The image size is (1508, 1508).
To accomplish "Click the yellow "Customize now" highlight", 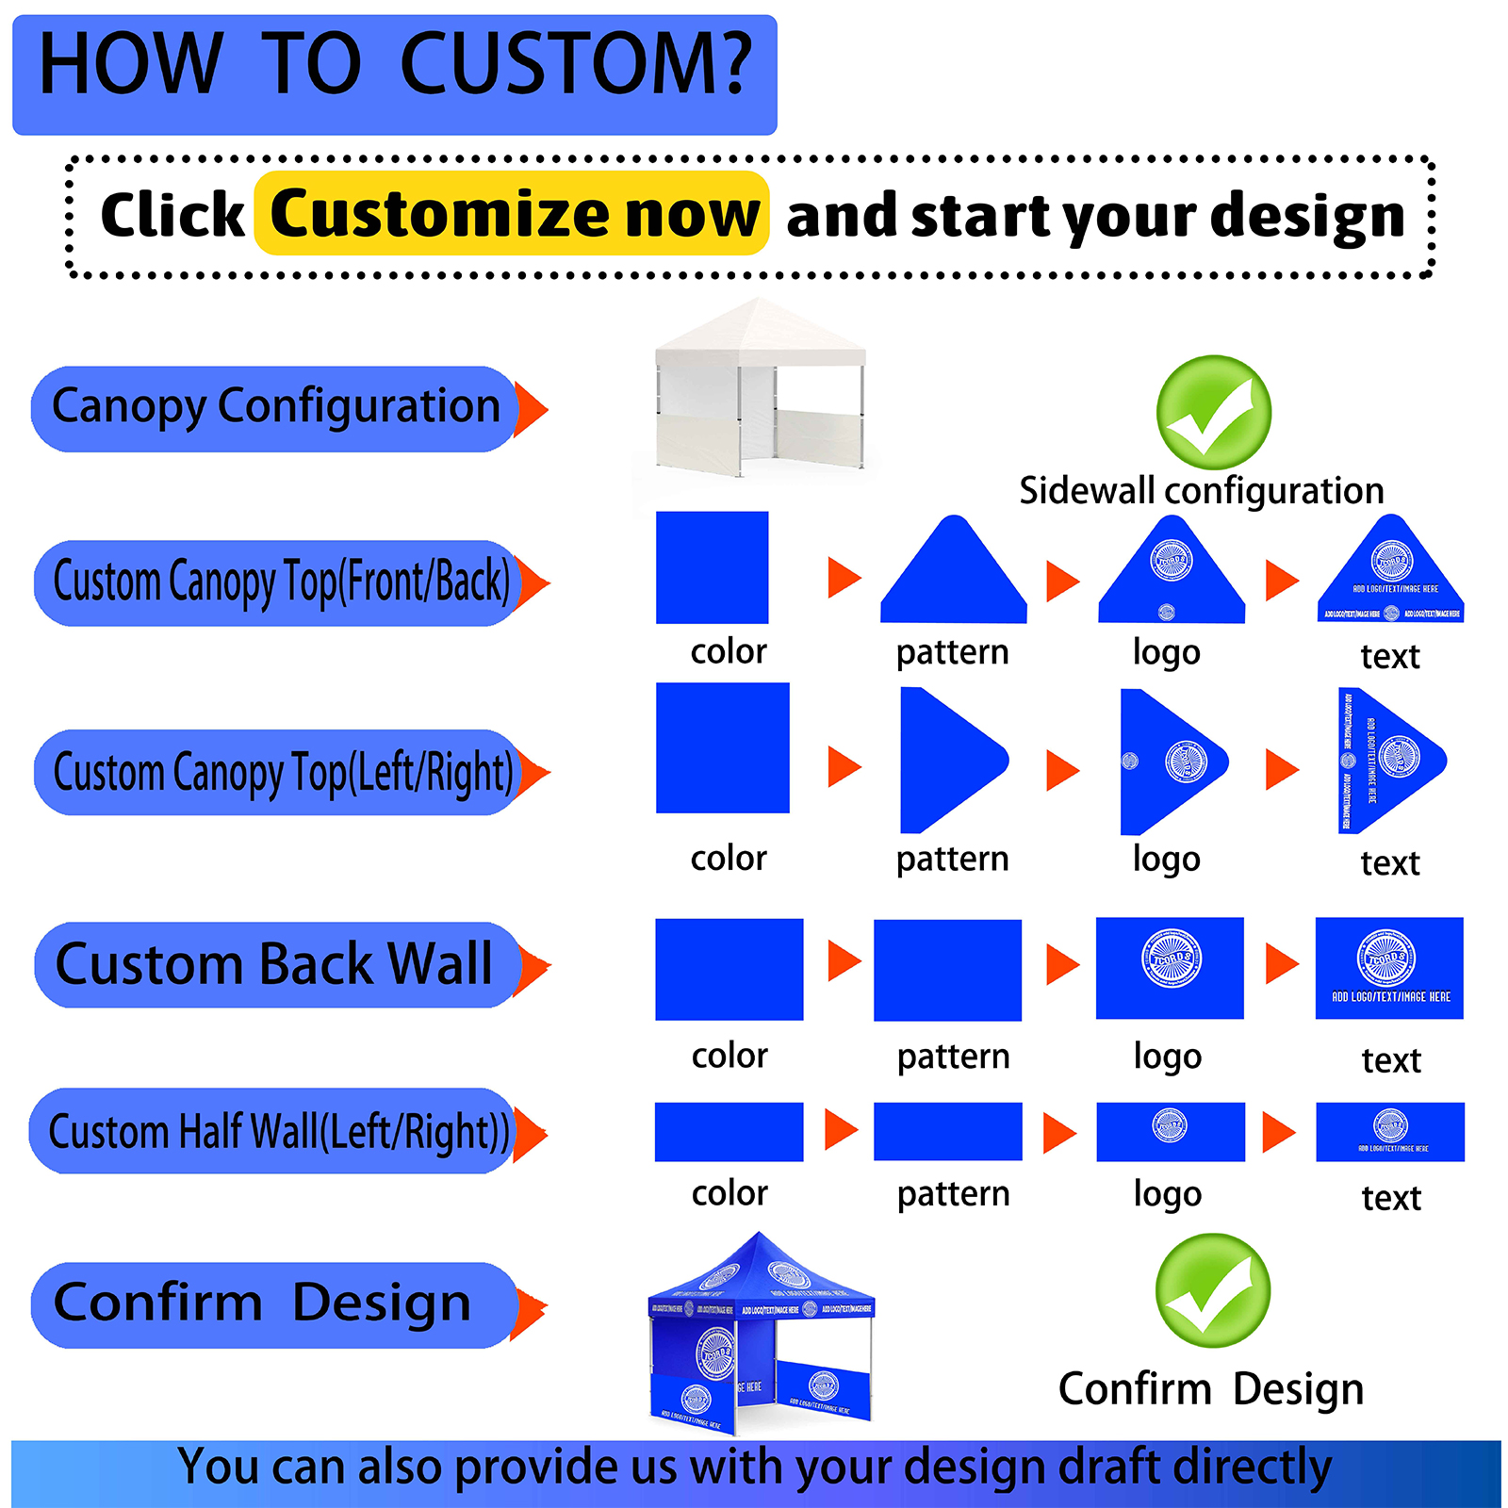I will pyautogui.click(x=512, y=214).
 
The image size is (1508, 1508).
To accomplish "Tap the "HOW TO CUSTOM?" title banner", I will pyautogui.click(x=394, y=74).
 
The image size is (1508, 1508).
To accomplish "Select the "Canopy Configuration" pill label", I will pyautogui.click(x=275, y=408).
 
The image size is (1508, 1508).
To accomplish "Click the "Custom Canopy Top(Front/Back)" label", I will pyautogui.click(x=280, y=582).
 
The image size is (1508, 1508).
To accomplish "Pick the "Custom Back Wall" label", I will pyautogui.click(x=275, y=964).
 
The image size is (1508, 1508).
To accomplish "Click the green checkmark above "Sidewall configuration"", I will pyautogui.click(x=1213, y=412).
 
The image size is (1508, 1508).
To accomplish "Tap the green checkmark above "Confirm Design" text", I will pyautogui.click(x=1212, y=1290).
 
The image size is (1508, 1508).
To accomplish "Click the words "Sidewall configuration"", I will pyautogui.click(x=1201, y=491).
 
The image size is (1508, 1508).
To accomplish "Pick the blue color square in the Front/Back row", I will pyautogui.click(x=712, y=567).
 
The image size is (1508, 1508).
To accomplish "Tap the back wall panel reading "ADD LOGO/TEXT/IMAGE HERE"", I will pyautogui.click(x=1389, y=968).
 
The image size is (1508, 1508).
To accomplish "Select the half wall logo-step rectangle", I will pyautogui.click(x=1170, y=1131).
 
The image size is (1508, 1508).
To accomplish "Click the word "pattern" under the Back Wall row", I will pyautogui.click(x=953, y=1057).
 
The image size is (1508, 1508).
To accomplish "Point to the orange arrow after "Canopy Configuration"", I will pyautogui.click(x=532, y=410).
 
